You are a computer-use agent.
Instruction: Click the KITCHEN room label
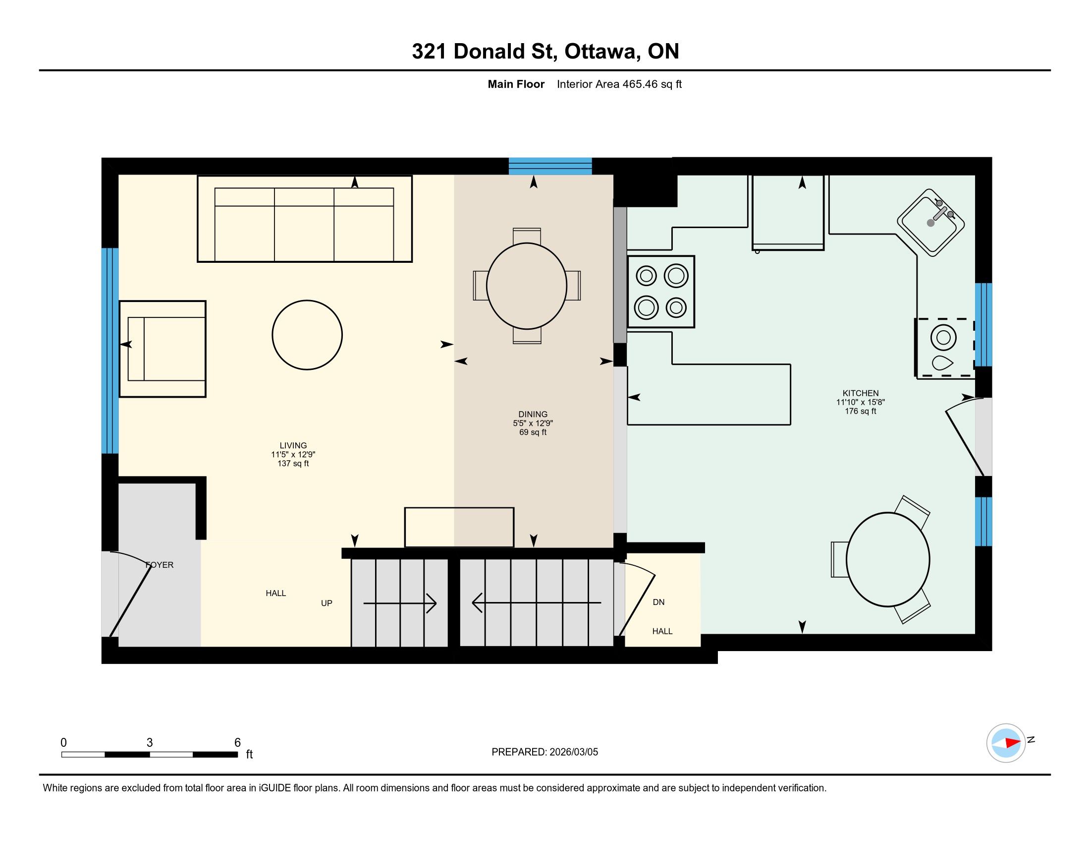click(x=861, y=393)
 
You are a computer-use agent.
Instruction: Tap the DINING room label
click(x=533, y=414)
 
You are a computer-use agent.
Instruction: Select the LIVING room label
click(x=293, y=445)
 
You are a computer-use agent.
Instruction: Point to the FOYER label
click(x=159, y=565)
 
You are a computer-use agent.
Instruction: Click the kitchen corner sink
click(x=931, y=223)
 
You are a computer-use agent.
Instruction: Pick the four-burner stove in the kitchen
click(x=661, y=292)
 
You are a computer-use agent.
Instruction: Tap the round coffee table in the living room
click(x=308, y=335)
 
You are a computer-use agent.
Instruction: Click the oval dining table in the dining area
click(x=527, y=286)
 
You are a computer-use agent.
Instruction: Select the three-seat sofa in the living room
click(x=304, y=219)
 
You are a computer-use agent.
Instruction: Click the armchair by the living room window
click(x=162, y=349)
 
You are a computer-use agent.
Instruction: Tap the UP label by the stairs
click(x=327, y=603)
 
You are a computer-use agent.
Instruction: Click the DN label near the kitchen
click(x=659, y=602)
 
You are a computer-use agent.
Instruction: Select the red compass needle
click(x=1013, y=743)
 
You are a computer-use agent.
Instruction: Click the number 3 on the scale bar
click(x=150, y=743)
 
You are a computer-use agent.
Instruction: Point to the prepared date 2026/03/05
click(x=574, y=752)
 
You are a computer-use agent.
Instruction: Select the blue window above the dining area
click(x=550, y=166)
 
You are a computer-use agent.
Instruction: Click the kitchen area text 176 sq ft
click(x=861, y=411)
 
